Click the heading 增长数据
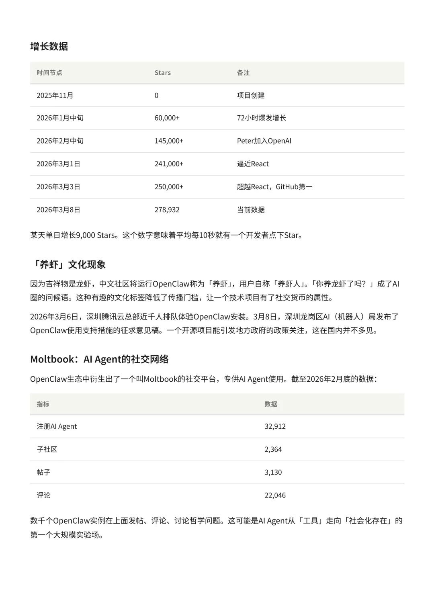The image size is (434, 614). point(49,46)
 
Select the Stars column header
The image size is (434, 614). point(162,73)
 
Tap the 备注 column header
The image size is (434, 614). point(243,73)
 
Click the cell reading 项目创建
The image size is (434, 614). point(251,95)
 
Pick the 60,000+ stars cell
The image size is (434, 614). point(167,118)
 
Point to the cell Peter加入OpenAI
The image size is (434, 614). point(264,141)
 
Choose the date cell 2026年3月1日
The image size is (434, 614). point(58,164)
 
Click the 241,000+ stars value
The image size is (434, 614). point(169,164)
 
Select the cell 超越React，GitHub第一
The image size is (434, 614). point(274,186)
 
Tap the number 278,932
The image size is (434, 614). point(167,210)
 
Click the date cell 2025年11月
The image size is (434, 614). point(55,95)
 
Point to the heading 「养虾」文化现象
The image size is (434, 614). point(68,264)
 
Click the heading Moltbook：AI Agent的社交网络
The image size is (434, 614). point(99,359)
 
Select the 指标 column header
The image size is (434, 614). point(43,404)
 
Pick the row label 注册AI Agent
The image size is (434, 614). point(57,426)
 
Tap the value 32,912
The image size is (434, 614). point(275,426)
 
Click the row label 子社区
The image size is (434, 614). point(47,449)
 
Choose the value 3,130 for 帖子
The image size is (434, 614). point(273,472)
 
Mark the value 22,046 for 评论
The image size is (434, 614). point(275,495)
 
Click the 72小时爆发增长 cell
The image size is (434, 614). point(261,118)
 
